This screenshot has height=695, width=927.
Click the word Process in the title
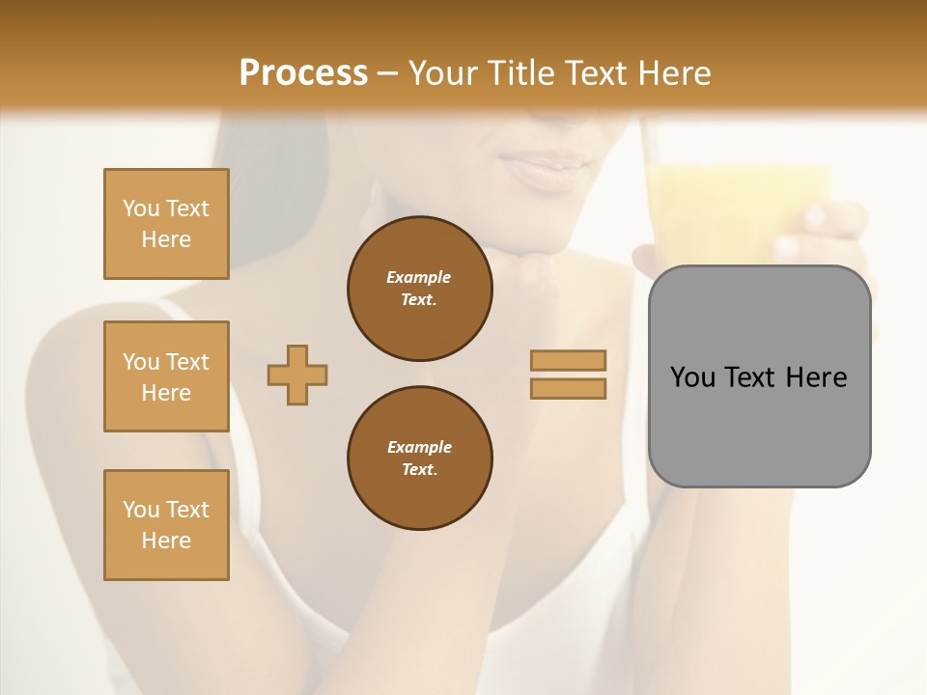point(303,73)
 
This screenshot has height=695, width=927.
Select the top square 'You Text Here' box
point(166,224)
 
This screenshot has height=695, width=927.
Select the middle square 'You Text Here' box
point(166,376)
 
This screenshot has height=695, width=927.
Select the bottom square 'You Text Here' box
point(166,525)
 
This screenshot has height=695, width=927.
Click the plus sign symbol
point(297,375)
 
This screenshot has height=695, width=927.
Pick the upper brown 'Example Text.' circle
point(420,288)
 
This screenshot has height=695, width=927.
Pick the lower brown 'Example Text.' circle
point(420,458)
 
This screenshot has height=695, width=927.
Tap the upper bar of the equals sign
point(569,360)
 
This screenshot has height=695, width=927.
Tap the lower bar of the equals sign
point(569,388)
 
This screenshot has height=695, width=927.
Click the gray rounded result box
point(759,425)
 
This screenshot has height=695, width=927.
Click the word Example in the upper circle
point(419,277)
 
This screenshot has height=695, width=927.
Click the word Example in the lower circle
point(419,447)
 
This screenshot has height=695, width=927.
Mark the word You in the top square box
point(141,208)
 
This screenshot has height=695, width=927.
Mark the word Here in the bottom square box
point(166,541)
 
